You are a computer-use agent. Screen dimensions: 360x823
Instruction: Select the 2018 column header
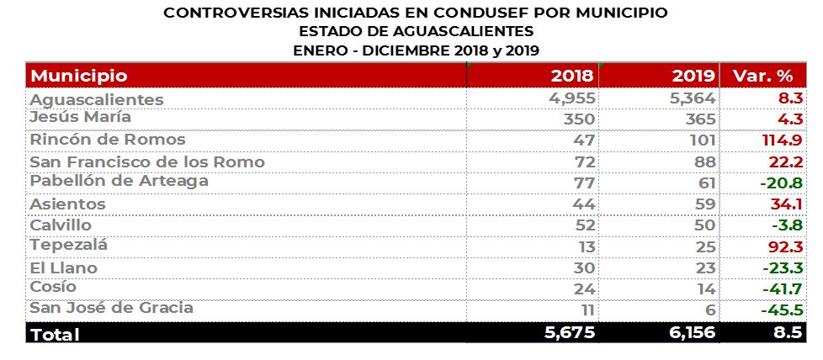tap(572, 76)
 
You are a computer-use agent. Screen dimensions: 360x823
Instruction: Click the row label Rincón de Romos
tap(108, 140)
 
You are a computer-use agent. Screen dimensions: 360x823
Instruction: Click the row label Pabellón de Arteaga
tap(119, 182)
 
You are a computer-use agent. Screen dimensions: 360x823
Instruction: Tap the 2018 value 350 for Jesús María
tap(578, 119)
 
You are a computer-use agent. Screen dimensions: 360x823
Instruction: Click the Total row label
tap(55, 334)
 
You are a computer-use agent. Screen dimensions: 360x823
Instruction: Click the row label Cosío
tap(53, 288)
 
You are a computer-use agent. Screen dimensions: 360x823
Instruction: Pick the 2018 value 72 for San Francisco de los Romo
tap(584, 161)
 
